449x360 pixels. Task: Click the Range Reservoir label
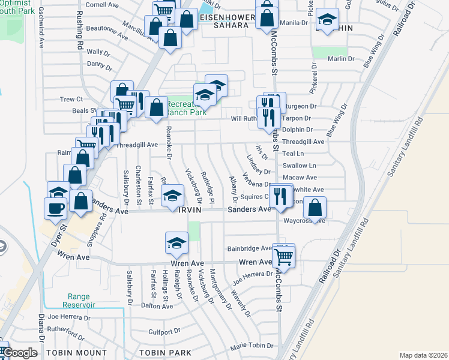click(x=82, y=301)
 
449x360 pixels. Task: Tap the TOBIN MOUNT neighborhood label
click(x=77, y=352)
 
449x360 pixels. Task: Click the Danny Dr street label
click(x=100, y=64)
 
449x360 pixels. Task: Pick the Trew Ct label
click(x=70, y=99)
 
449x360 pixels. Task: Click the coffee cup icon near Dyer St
click(x=55, y=208)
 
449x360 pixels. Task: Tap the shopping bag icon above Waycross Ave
click(x=315, y=208)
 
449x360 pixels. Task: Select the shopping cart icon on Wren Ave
click(x=283, y=258)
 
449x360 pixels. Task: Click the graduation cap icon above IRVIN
click(x=172, y=196)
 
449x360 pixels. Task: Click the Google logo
click(x=20, y=353)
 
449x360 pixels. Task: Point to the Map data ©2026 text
click(x=423, y=355)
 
